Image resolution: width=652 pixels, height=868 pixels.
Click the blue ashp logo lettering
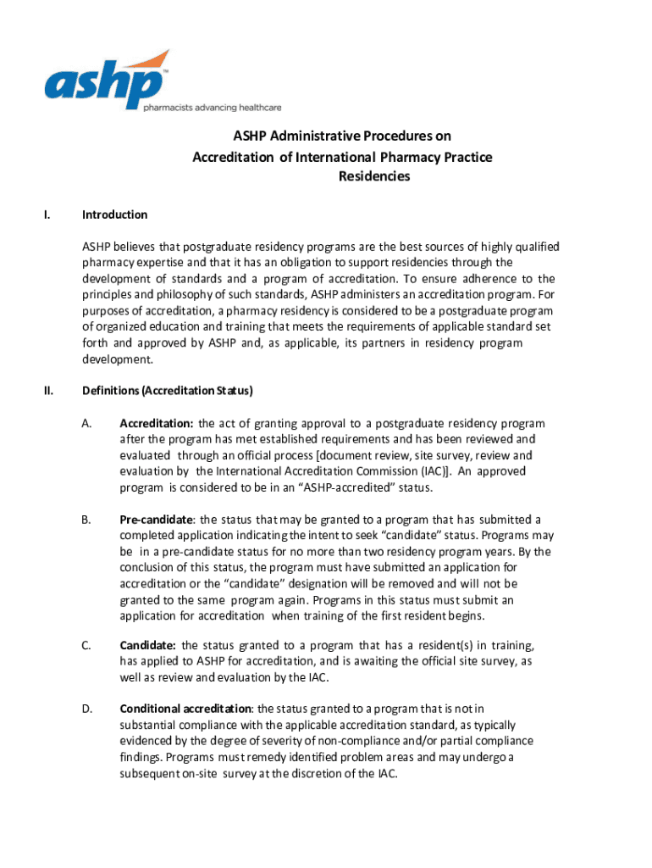click(x=102, y=84)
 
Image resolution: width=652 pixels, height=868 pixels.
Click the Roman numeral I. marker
click(x=47, y=214)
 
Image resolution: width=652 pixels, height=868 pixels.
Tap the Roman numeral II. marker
click(x=48, y=391)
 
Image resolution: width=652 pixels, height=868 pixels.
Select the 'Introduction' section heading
click(x=114, y=214)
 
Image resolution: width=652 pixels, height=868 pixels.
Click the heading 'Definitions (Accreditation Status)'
click(x=168, y=391)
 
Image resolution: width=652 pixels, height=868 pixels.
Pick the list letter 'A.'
click(x=86, y=423)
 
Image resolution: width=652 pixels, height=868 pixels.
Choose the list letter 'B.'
click(x=86, y=519)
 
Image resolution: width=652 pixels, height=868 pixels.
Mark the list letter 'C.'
click(x=86, y=646)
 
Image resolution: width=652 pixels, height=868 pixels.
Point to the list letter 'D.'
click(x=86, y=709)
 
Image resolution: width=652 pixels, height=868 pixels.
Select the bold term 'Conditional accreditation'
click(x=185, y=709)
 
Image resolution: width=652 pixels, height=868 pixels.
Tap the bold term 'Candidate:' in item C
click(x=148, y=646)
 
